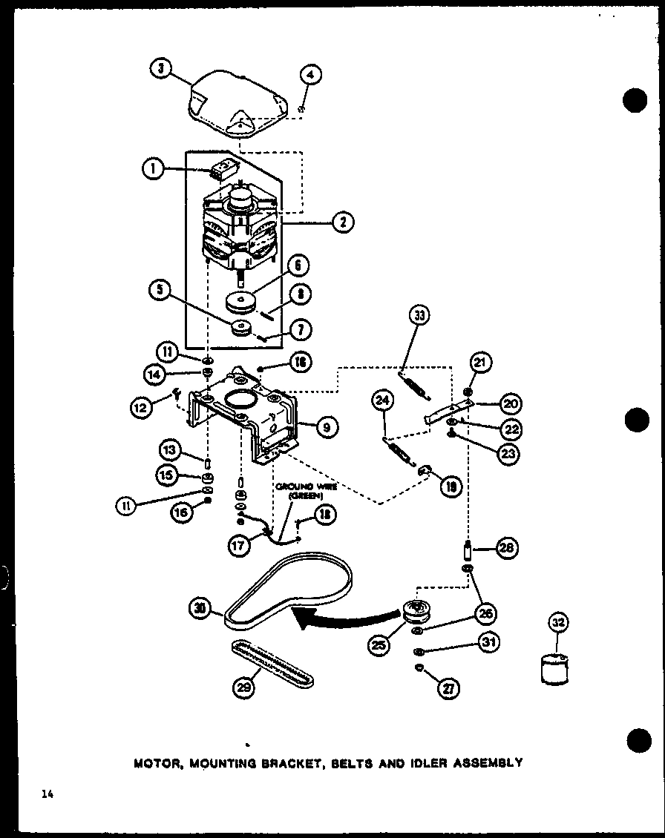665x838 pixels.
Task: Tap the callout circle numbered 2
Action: [344, 221]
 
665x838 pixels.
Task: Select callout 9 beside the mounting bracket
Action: [325, 426]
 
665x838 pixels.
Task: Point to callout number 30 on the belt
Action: [199, 609]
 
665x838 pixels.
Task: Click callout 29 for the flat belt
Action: [243, 687]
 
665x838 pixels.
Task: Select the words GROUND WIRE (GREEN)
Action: [307, 491]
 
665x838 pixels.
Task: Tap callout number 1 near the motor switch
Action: [152, 169]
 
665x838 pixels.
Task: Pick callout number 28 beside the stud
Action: [507, 550]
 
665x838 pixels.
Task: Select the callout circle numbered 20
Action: [510, 403]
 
